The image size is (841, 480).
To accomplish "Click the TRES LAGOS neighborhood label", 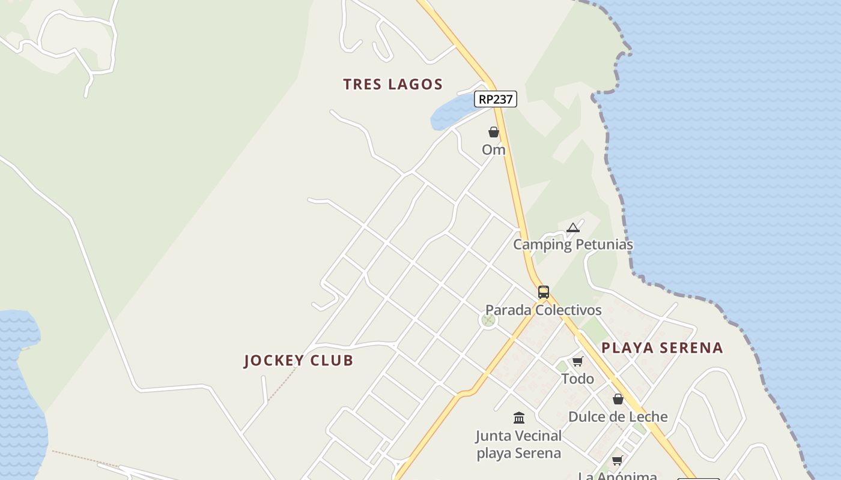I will coord(393,84).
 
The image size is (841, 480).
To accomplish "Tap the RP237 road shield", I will coord(496,99).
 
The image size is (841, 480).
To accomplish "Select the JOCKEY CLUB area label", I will coord(299,361).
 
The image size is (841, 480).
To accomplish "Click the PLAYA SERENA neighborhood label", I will coord(662,348).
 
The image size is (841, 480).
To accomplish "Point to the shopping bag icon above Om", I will coord(494,132).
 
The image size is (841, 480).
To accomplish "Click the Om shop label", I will coord(494,150).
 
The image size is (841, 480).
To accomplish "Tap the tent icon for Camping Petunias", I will coord(573,227).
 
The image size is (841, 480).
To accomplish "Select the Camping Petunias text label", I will coord(573,245).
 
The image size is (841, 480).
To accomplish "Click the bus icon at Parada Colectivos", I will coord(544,292).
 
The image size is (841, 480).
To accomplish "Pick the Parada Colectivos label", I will coord(544,310).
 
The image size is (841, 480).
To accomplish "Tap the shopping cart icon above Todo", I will coord(578,361).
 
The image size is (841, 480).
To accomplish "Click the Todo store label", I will coord(578,379).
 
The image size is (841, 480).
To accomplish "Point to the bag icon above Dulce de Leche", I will coord(618,399).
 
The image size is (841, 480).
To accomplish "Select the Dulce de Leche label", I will coord(618,417).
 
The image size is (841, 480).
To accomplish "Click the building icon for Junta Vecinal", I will coord(519,418).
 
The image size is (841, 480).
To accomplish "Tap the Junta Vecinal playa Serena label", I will coord(519,444).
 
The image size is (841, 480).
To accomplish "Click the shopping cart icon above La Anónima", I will coord(618,461).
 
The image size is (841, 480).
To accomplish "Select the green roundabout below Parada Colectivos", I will coord(489,320).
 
